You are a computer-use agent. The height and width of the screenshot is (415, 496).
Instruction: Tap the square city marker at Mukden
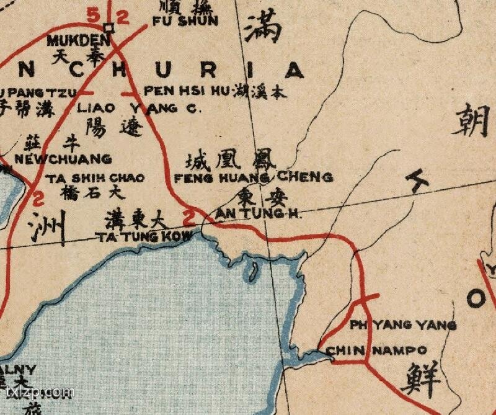click(109, 28)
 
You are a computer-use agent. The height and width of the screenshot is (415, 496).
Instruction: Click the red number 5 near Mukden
click(93, 16)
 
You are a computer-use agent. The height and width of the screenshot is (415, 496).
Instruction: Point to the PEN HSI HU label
click(187, 91)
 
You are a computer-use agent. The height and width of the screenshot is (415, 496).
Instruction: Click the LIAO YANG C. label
click(136, 108)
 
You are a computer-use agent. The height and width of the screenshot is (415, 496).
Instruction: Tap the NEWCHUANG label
click(63, 159)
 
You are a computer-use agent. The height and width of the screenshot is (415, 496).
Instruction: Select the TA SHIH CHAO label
click(95, 178)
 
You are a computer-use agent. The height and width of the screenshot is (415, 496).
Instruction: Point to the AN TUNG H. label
click(257, 214)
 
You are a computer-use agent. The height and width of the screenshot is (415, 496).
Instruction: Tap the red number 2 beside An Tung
click(189, 217)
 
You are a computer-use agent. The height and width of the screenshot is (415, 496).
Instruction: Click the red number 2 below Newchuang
click(38, 200)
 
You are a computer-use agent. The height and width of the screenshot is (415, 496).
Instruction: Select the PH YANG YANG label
click(402, 325)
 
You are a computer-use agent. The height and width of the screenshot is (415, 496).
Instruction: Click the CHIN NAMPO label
click(376, 350)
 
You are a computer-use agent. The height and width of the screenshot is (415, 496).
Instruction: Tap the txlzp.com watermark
click(38, 392)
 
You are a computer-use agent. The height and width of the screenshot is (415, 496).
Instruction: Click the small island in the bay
click(253, 271)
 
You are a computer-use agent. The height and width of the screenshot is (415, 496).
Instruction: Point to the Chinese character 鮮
click(421, 378)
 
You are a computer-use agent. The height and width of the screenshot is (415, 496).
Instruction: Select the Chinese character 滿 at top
click(263, 27)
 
